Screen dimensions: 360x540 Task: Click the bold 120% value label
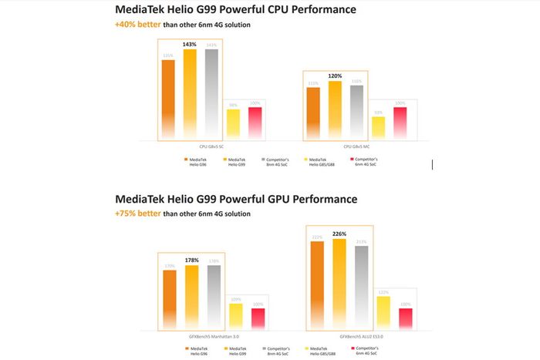(334, 76)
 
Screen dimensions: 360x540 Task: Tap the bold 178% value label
(191, 261)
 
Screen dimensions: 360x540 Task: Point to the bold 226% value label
(339, 234)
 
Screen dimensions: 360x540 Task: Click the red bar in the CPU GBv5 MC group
(400, 123)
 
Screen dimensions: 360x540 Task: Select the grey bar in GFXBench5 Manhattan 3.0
(213, 298)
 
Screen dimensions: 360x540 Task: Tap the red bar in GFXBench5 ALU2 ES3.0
(405, 318)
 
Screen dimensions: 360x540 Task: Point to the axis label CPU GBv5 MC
(356, 146)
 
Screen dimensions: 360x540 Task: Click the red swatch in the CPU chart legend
(352, 159)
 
